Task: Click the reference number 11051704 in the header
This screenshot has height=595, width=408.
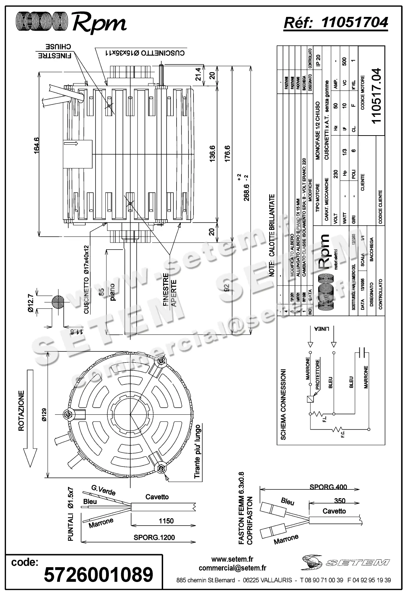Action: [355, 22]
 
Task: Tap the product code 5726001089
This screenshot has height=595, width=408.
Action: [99, 574]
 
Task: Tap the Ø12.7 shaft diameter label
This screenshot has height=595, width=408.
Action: [31, 303]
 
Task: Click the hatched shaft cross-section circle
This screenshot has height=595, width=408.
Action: [58, 302]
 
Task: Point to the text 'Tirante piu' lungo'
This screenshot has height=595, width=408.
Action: [198, 452]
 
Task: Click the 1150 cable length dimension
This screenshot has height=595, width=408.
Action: [166, 521]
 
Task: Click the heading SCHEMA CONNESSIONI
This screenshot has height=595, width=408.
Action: [283, 405]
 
